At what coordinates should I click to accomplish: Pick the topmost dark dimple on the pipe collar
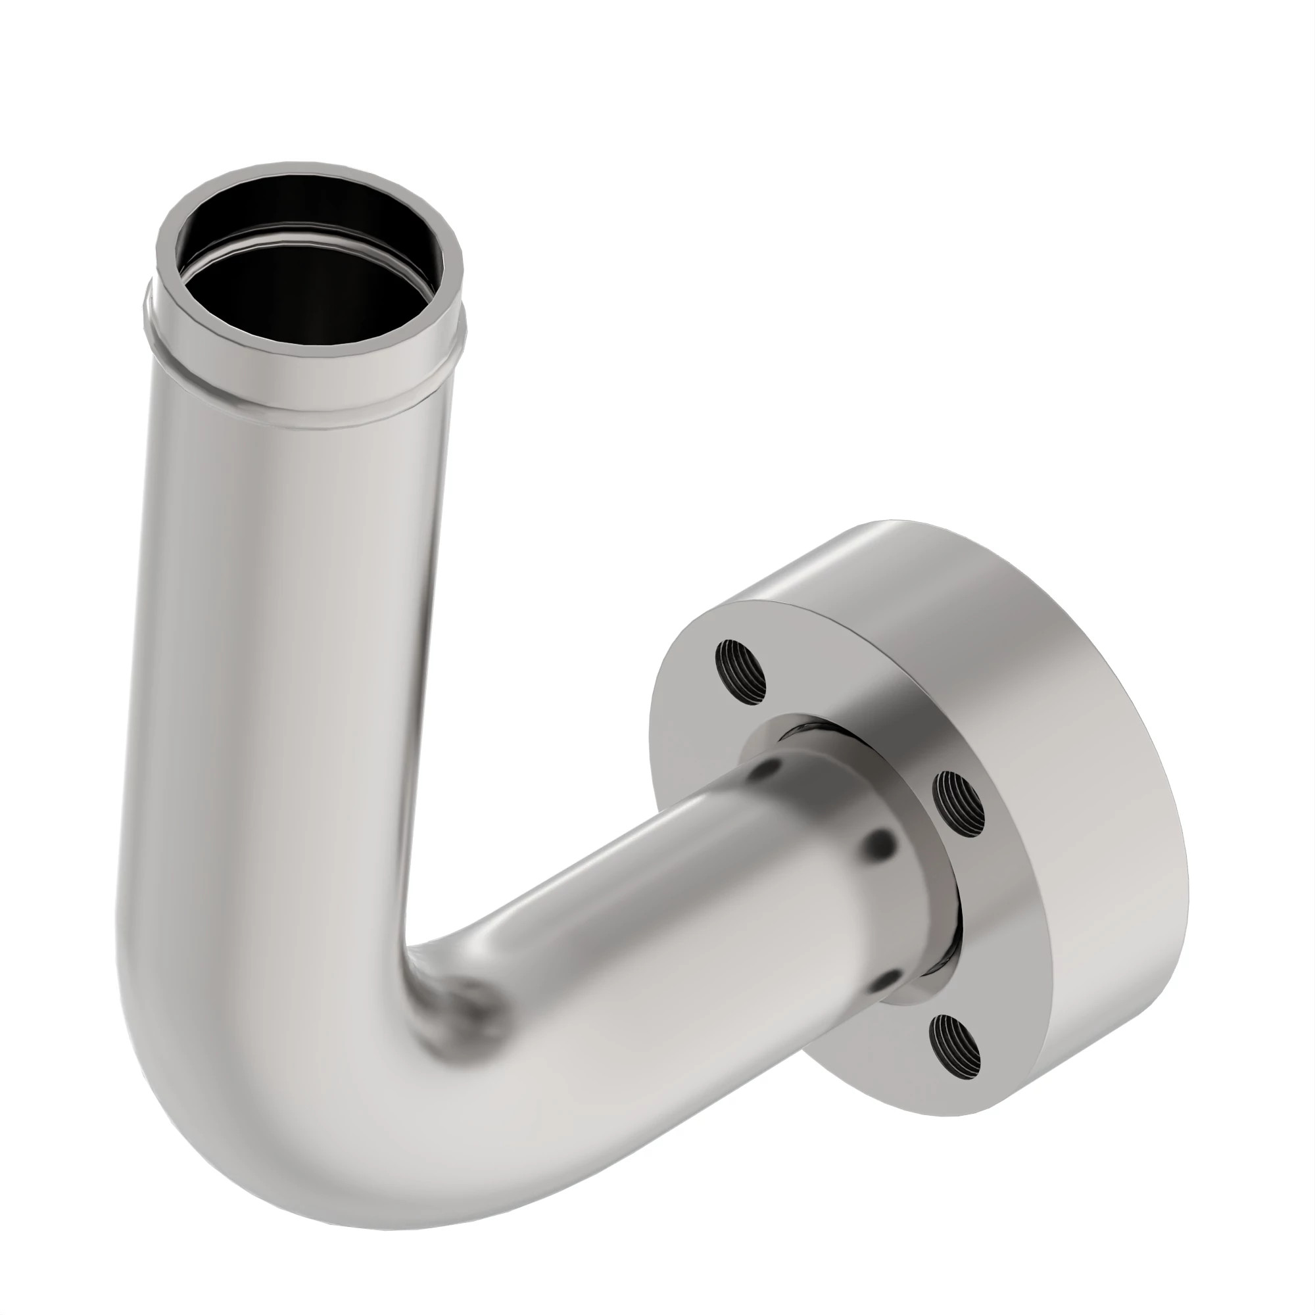click(x=768, y=769)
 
